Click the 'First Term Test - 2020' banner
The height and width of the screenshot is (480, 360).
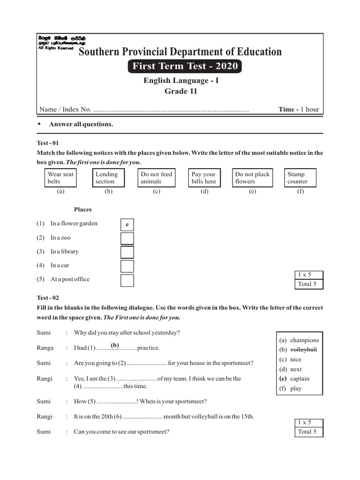[185, 66]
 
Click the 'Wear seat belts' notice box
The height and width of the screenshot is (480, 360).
[60, 178]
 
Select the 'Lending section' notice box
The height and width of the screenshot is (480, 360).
[108, 178]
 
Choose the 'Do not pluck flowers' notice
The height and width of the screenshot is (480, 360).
[253, 178]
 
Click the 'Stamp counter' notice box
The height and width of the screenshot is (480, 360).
[300, 178]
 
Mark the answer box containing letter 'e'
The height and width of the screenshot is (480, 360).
[127, 225]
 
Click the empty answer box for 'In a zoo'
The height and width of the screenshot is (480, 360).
[127, 238]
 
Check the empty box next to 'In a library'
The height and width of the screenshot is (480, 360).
[127, 252]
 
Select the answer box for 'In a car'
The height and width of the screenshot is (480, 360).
[127, 266]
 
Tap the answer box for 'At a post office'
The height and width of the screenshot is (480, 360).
[127, 280]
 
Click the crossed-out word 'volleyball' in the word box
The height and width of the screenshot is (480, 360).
[303, 350]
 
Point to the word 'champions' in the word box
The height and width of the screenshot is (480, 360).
[304, 340]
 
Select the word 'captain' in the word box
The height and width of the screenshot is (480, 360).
[300, 379]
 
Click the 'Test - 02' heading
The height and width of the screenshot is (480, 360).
[48, 298]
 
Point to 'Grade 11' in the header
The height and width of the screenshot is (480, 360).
[180, 91]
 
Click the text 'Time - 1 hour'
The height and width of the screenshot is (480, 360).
[299, 110]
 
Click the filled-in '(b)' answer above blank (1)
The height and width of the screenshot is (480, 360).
[115, 345]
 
